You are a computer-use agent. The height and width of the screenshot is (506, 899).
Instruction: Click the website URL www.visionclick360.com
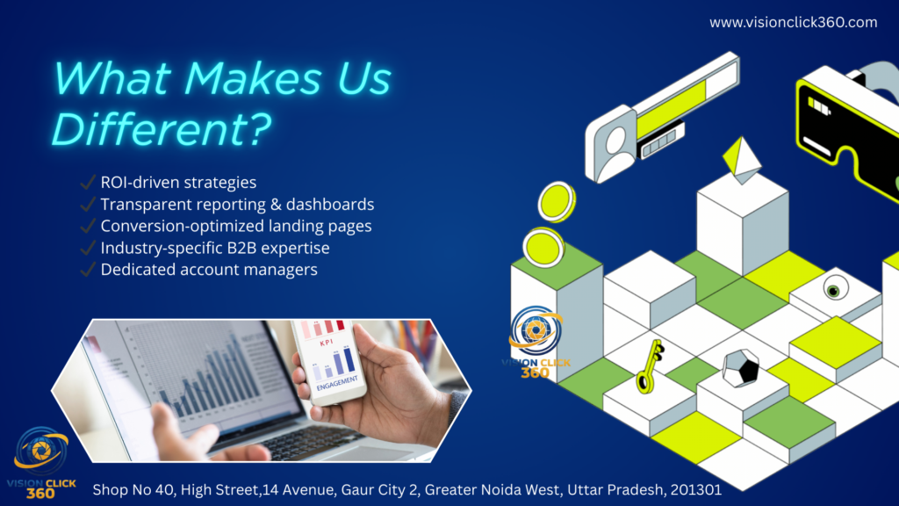click(793, 22)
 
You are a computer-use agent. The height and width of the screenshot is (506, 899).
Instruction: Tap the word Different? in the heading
click(161, 128)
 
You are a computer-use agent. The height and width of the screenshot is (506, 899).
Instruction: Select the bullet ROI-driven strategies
click(178, 183)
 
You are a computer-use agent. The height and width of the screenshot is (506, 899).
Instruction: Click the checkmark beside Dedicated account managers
click(88, 269)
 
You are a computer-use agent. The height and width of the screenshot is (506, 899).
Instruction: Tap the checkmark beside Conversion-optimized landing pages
click(88, 226)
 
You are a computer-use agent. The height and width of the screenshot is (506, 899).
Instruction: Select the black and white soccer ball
click(741, 368)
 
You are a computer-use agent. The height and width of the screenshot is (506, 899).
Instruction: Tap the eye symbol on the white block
click(835, 288)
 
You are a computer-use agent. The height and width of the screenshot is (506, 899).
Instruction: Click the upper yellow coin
click(557, 201)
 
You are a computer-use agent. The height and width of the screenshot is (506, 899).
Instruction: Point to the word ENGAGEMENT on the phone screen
click(337, 383)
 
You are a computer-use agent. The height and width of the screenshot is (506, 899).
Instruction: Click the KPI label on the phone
click(327, 343)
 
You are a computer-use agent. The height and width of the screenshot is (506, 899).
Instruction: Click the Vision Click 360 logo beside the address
click(41, 462)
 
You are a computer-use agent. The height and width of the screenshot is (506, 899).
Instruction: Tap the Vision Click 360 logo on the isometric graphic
click(536, 342)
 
